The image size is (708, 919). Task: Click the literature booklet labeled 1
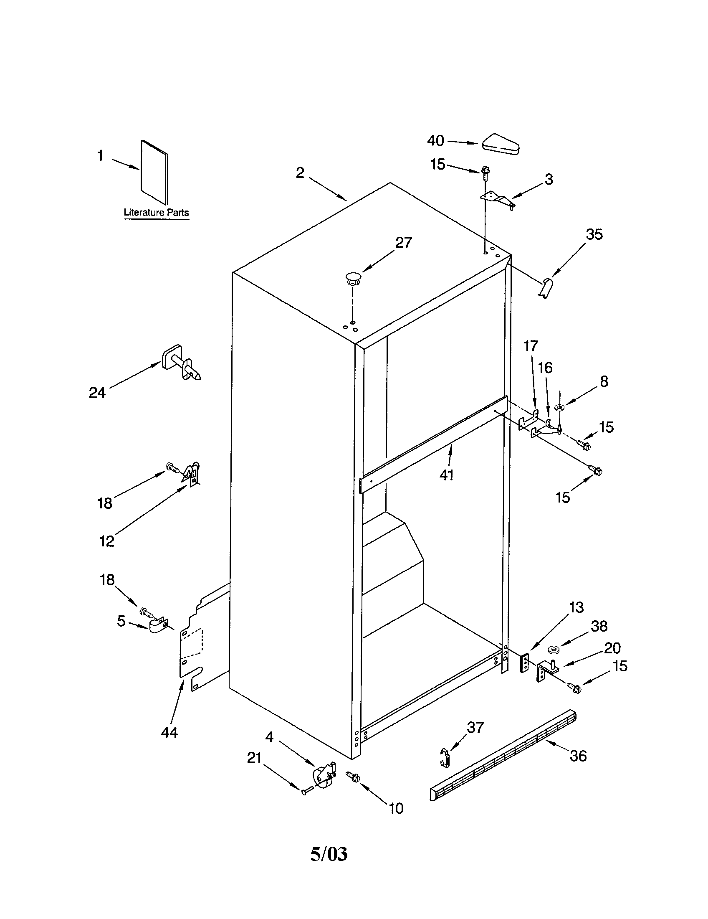(154, 173)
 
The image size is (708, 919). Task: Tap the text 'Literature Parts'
(156, 213)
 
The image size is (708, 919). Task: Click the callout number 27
(404, 243)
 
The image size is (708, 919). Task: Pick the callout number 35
(594, 234)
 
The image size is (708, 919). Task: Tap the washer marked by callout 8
(559, 407)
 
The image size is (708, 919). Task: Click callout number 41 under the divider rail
(447, 475)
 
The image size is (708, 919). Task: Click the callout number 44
(169, 732)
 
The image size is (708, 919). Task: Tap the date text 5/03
(329, 854)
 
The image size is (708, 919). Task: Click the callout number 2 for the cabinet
(300, 173)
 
